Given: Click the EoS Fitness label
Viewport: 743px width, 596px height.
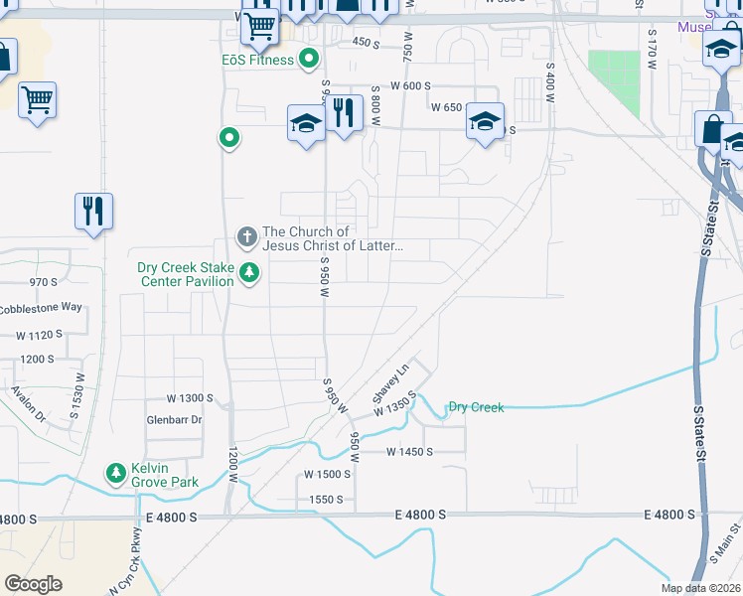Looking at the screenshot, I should click(257, 60).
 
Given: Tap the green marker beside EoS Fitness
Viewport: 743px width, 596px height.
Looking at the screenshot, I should click(309, 59).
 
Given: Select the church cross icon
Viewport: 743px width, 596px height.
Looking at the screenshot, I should click(246, 237).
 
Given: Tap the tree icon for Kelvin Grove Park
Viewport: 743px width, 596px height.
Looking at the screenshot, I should click(117, 473).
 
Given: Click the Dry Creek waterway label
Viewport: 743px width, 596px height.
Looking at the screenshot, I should click(476, 407).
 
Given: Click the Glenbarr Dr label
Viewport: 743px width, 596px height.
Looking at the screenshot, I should click(174, 420).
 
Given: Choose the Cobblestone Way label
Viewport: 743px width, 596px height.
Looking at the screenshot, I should click(41, 307).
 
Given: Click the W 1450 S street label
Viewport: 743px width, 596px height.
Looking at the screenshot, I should click(410, 451).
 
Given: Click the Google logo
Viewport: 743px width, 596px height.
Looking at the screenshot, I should click(33, 584).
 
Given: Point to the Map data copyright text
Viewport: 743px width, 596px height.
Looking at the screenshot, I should click(700, 588).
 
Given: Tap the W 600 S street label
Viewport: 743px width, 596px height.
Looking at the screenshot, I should click(410, 86).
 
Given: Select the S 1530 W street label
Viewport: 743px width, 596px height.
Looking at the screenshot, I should click(76, 398).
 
